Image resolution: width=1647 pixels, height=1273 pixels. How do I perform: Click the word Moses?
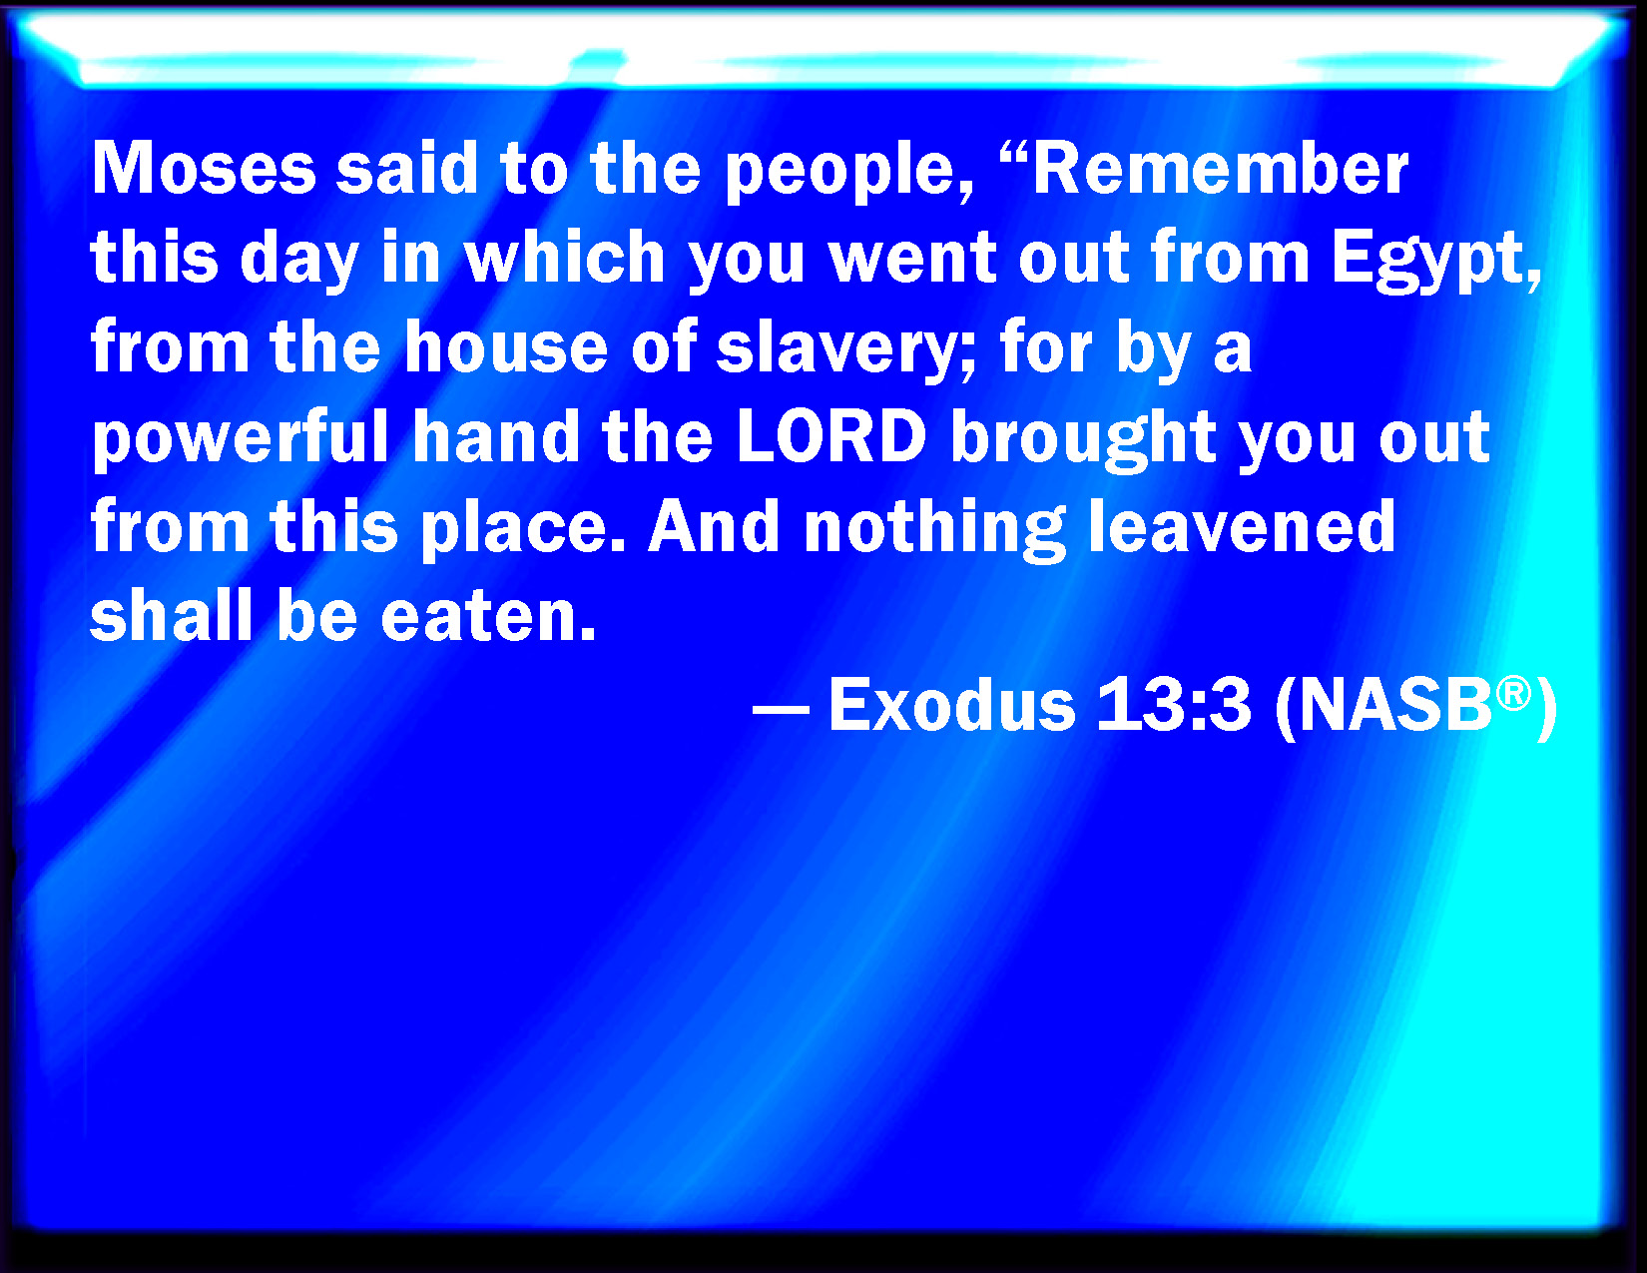coord(203,169)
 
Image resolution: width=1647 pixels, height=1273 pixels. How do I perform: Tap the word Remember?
coord(1220,169)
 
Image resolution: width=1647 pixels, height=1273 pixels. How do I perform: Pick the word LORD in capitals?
coord(831,436)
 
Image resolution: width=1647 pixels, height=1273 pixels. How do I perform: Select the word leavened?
coord(1241,526)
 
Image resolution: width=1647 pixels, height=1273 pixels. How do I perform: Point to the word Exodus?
coord(952,705)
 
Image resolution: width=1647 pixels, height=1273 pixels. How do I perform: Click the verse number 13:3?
coord(1173,705)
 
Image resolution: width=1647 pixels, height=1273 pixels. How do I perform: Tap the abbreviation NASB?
coord(1394,705)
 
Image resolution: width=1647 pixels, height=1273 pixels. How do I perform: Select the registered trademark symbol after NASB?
coord(1513,693)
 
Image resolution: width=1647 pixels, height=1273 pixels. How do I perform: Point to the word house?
coord(505,348)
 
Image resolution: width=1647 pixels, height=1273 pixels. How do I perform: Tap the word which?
coord(564,258)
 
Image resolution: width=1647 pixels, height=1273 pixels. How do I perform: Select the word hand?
coord(496,436)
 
